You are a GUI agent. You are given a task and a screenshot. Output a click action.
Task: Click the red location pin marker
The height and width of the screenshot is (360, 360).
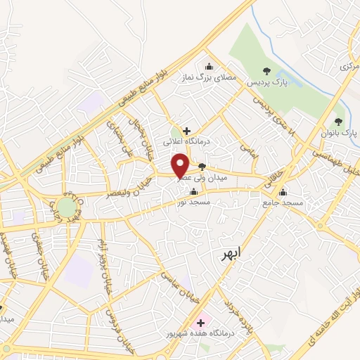pos(180,167)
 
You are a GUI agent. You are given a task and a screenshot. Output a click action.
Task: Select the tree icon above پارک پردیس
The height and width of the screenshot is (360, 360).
pos(266,70)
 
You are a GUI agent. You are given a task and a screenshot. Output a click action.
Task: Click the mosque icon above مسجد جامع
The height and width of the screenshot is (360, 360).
pos(283,192)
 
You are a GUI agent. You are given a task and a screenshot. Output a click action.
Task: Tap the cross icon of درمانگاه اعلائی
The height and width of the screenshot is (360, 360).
pos(186,130)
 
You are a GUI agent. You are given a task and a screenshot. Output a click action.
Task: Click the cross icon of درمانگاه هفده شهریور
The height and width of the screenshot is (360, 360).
pos(200,321)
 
